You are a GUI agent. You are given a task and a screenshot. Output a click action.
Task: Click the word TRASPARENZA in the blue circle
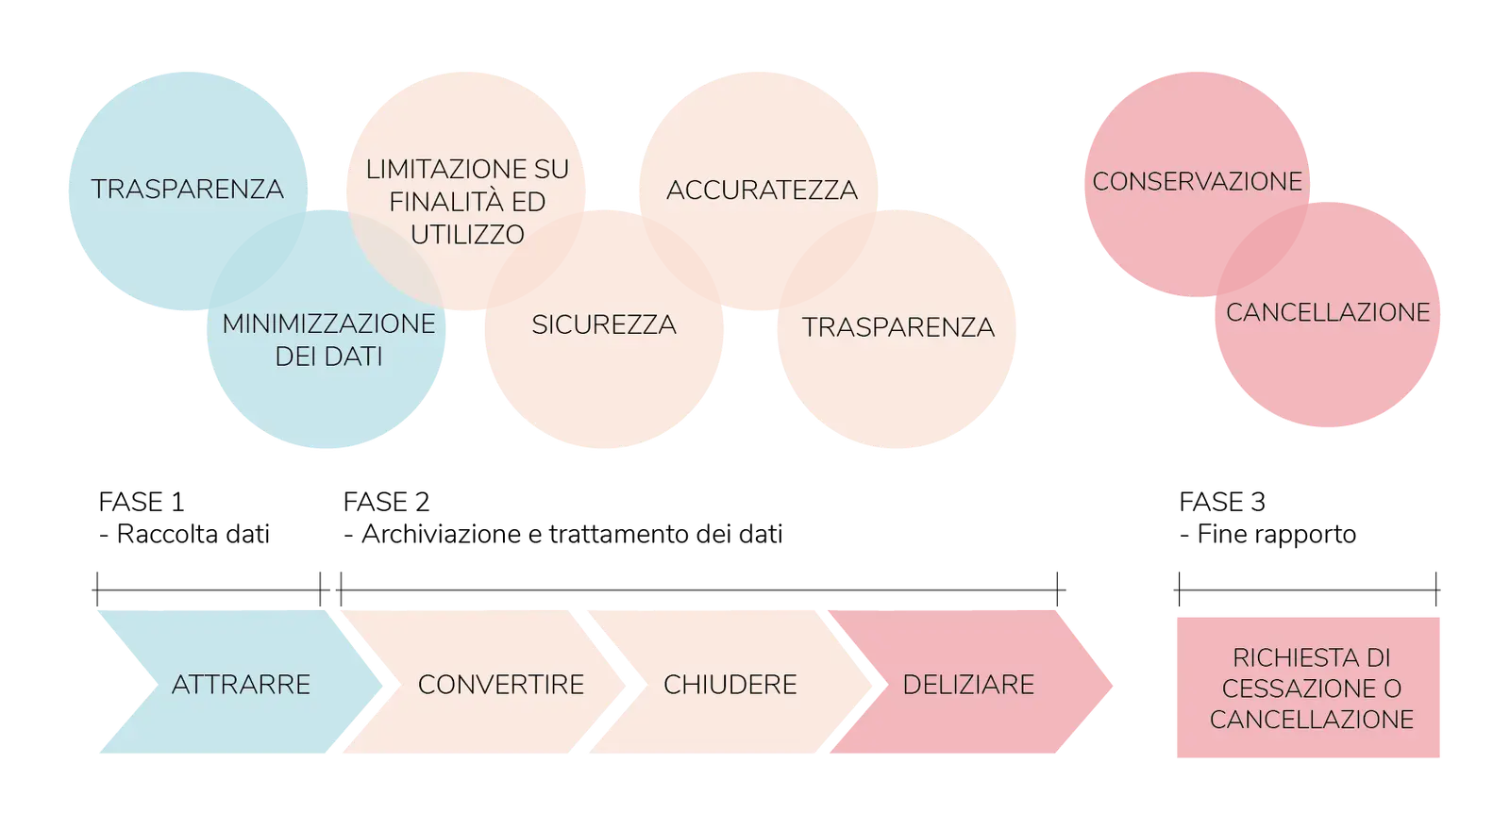(188, 190)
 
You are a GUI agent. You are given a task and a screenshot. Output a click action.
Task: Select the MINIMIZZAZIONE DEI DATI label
(328, 340)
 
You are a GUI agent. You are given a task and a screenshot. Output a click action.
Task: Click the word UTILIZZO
(467, 234)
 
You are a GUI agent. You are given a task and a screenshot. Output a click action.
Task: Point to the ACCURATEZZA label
(762, 191)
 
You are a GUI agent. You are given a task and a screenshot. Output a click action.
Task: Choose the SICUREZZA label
(603, 325)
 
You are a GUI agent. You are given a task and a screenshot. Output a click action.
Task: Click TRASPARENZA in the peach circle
(898, 327)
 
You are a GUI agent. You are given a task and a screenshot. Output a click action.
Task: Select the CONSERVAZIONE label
(1197, 181)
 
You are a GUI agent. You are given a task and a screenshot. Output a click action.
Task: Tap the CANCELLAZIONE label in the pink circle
(1328, 312)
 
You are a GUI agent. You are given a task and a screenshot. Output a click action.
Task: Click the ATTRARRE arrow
(241, 684)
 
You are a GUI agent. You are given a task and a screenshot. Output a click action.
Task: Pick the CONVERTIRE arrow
(500, 684)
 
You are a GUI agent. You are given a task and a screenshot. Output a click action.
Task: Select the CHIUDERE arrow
(730, 684)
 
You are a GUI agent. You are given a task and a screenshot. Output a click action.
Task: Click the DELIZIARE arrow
(968, 684)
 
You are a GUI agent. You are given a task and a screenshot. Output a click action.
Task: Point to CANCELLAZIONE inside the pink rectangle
(1311, 720)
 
